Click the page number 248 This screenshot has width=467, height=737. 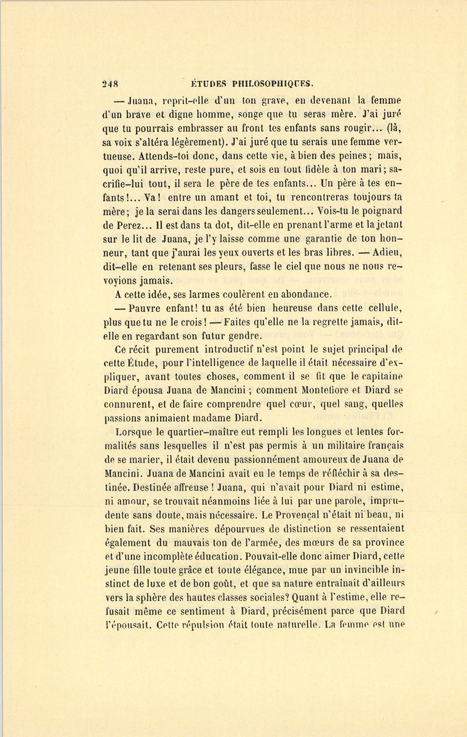click(x=111, y=83)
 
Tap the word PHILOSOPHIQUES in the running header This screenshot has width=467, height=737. click(x=272, y=83)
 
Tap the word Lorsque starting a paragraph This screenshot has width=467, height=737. click(x=134, y=432)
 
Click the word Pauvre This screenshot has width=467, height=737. click(x=146, y=309)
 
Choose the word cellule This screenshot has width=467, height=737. click(x=383, y=309)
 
